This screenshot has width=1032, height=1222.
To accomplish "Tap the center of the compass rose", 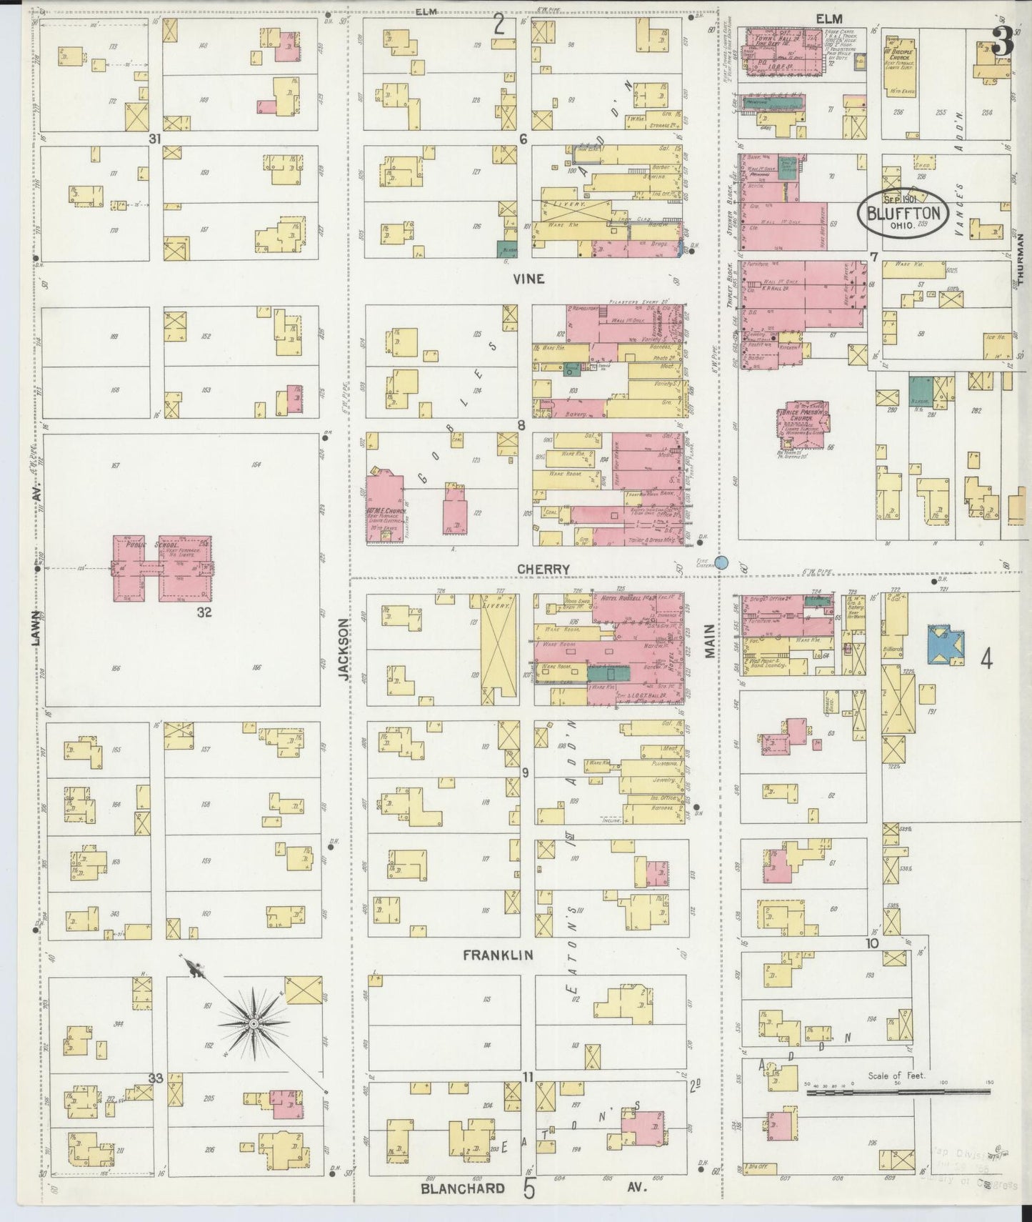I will pyautogui.click(x=253, y=1024).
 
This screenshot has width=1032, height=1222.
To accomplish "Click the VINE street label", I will pyautogui.click(x=528, y=279).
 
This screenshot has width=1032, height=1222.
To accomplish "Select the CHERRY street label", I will pyautogui.click(x=543, y=569).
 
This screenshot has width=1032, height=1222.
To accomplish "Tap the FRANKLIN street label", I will pyautogui.click(x=497, y=955).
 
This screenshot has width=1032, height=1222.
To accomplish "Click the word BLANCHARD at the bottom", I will pyautogui.click(x=463, y=1189).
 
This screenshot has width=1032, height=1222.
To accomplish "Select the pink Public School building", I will pyautogui.click(x=163, y=568).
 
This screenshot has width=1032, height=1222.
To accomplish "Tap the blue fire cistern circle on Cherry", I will pyautogui.click(x=722, y=562).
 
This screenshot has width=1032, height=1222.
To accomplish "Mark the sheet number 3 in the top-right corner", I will pyautogui.click(x=1003, y=44).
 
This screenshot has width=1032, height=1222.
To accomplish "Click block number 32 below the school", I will pyautogui.click(x=204, y=612).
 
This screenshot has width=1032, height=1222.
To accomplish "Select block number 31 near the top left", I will pyautogui.click(x=154, y=139).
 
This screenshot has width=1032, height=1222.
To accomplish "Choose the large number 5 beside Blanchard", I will pyautogui.click(x=529, y=1189).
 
